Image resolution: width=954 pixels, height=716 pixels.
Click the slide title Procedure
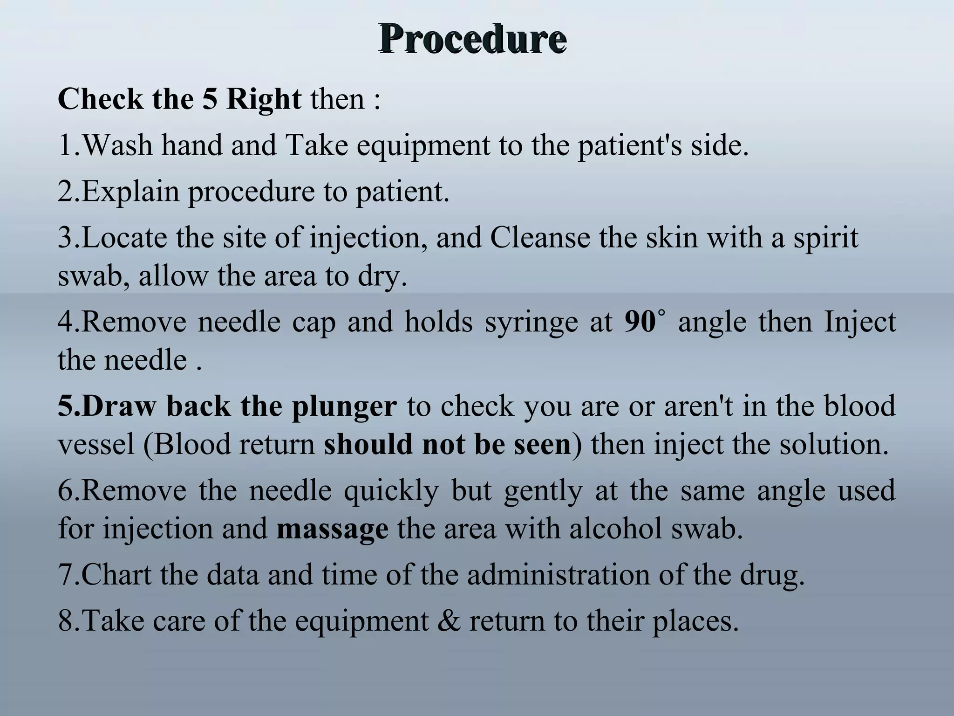[x=472, y=39]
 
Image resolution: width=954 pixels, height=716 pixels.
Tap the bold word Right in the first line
[x=264, y=99]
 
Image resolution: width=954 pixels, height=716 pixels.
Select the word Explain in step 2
[x=130, y=192]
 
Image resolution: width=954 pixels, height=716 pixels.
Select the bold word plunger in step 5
[x=344, y=406]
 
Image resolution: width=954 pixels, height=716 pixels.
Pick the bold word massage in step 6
[x=332, y=530]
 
